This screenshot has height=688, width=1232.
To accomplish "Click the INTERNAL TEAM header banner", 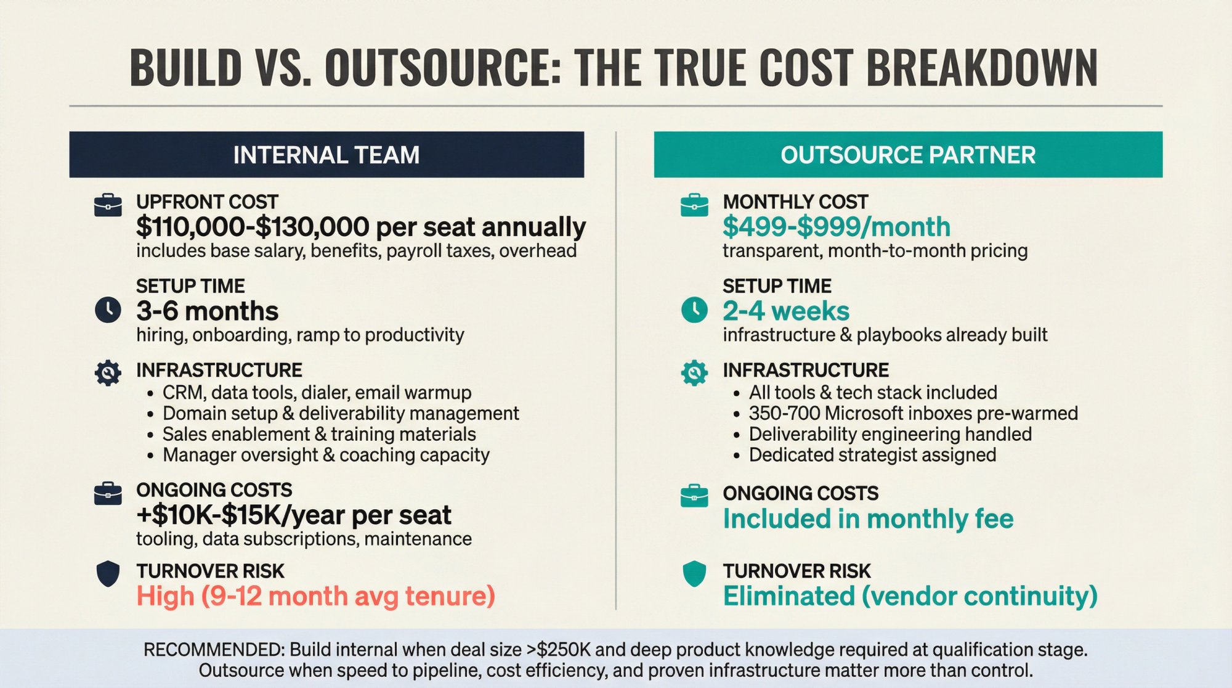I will click(x=326, y=155).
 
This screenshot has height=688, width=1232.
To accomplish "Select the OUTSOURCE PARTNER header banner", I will click(x=908, y=155).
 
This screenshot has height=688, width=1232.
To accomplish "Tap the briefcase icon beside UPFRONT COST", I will click(x=108, y=205).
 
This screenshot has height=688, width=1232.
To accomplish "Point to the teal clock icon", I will click(x=694, y=309).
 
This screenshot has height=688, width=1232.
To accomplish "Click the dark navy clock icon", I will click(x=108, y=309).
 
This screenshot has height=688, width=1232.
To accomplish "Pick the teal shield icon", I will click(x=694, y=573).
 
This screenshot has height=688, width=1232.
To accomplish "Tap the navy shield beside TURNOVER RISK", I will click(x=108, y=573).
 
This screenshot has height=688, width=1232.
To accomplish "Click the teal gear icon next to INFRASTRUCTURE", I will click(x=694, y=372).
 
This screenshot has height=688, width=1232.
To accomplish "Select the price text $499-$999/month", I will click(x=836, y=227).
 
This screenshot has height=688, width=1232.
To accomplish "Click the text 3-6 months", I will click(x=207, y=311).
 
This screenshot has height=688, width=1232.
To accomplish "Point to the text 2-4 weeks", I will click(x=785, y=311).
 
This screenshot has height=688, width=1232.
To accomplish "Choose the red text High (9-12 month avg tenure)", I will click(x=315, y=596).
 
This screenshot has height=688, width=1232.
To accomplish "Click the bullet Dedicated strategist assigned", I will click(x=872, y=455).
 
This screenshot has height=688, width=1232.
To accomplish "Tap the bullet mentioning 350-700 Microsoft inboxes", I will click(x=913, y=413).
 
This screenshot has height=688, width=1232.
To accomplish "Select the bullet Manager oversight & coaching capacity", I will click(x=326, y=455).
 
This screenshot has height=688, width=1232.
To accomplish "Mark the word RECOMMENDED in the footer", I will click(x=213, y=650).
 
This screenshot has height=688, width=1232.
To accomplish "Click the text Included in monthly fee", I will click(x=868, y=519).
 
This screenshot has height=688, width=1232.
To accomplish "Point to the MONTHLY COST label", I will click(x=795, y=202).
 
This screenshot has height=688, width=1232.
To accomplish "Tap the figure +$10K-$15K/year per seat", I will click(x=294, y=515).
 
